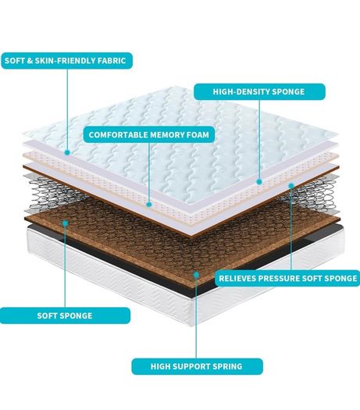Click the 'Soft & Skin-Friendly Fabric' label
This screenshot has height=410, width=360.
(x=66, y=61)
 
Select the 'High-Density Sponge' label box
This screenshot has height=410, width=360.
(x=259, y=92)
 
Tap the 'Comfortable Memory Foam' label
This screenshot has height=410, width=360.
(x=149, y=134)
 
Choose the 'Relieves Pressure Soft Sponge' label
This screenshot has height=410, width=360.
(x=287, y=278)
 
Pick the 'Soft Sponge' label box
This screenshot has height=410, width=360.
(x=65, y=316)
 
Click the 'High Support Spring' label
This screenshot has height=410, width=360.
(x=197, y=366)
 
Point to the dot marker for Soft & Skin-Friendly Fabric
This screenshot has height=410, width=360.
(x=67, y=152)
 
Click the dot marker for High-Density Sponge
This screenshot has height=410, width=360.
(x=259, y=182)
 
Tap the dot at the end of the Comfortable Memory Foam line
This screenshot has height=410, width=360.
(x=148, y=205)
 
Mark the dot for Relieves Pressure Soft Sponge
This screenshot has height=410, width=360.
(x=291, y=186)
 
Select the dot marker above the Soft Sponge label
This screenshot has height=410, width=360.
(x=65, y=223)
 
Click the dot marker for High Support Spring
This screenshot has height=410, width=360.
(x=196, y=275)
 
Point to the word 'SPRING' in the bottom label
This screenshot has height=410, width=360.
(x=227, y=366)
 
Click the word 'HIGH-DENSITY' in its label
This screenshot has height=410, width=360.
(x=241, y=92)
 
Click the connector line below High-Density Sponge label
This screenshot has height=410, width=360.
(x=259, y=139)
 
